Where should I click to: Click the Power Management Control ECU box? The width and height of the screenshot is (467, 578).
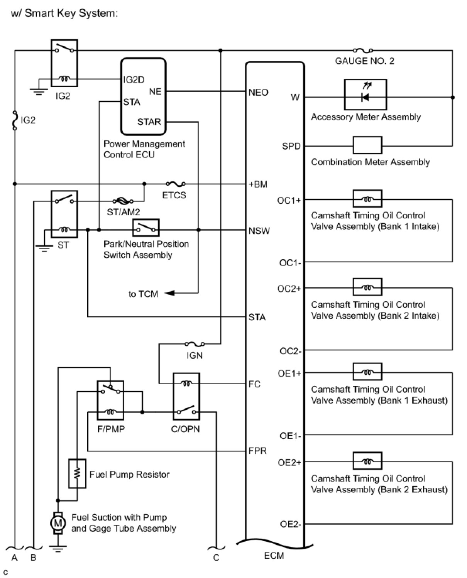click(x=143, y=96)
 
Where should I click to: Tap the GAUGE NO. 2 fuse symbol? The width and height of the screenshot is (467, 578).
click(x=363, y=50)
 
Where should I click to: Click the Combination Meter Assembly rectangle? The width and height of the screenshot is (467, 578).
click(x=367, y=145)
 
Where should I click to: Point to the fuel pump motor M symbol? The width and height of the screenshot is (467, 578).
click(x=58, y=523)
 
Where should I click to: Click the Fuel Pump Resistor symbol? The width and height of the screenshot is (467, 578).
click(x=77, y=473)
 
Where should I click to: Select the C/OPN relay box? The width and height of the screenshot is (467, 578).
click(x=186, y=396)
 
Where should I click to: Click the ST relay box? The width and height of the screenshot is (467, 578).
click(x=64, y=214)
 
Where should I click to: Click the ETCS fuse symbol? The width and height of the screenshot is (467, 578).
click(x=175, y=184)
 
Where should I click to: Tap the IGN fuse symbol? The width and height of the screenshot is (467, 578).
click(x=195, y=344)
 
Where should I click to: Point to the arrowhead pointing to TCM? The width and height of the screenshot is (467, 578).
click(x=169, y=293)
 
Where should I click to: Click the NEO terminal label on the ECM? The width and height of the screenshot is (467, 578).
click(x=258, y=92)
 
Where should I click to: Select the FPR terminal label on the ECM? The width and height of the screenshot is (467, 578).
click(x=257, y=450)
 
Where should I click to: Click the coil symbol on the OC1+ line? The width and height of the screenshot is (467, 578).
click(x=367, y=199)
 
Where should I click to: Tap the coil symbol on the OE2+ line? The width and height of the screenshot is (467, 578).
click(x=367, y=461)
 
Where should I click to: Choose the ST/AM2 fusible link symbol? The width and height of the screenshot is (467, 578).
click(x=123, y=201)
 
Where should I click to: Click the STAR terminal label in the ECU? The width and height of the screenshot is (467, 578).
click(x=149, y=122)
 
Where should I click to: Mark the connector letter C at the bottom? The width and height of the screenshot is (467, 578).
click(x=216, y=557)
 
